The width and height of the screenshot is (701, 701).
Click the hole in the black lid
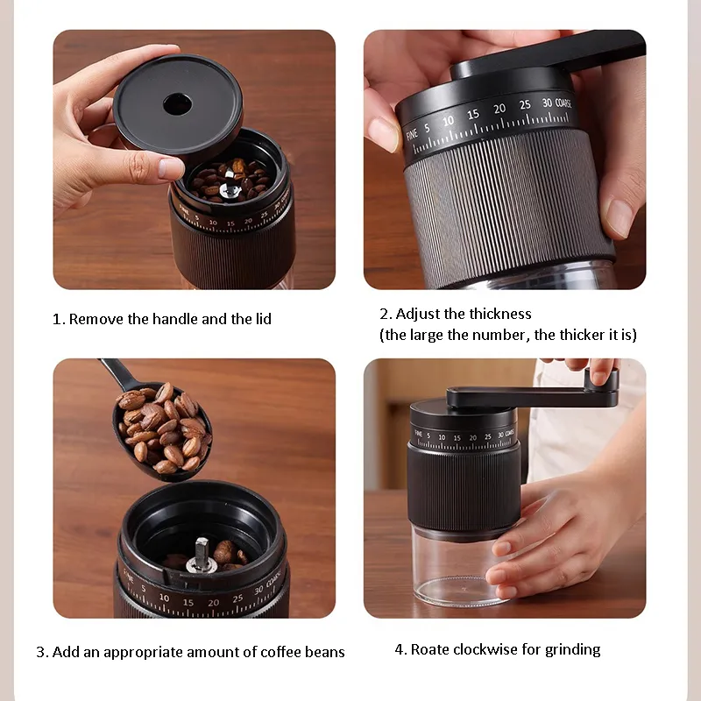click(176, 103)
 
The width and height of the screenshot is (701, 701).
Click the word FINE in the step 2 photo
click(412, 133)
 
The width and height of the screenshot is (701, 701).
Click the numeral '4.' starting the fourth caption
click(400, 649)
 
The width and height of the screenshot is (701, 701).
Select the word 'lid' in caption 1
click(261, 319)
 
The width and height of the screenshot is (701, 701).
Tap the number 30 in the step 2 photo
click(547, 103)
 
